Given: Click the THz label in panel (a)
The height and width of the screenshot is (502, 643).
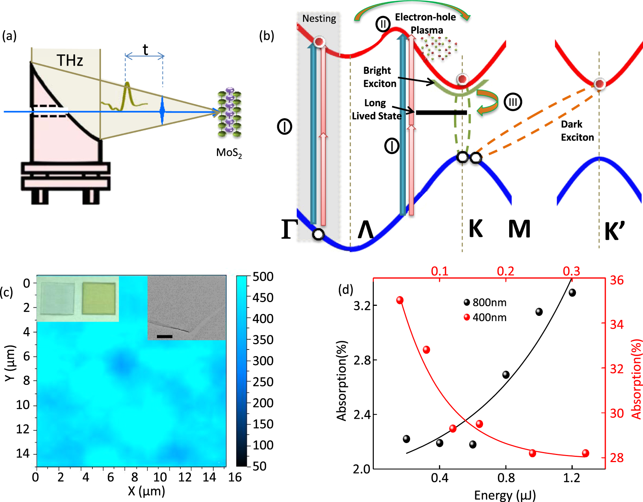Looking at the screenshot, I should tap(70, 60).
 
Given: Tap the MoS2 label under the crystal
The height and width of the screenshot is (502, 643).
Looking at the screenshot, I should tap(229, 153).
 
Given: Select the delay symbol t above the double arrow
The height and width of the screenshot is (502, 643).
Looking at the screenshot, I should tap(145, 50).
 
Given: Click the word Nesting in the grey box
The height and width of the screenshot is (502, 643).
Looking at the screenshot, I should tap(319, 18).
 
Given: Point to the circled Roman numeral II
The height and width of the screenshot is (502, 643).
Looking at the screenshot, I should tap(382, 24).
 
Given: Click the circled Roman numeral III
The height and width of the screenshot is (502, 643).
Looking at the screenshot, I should tap(513, 102).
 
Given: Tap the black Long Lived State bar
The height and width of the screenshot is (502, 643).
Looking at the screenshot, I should tap(441, 112).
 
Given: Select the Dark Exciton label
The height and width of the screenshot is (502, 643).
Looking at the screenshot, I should tap(577, 131).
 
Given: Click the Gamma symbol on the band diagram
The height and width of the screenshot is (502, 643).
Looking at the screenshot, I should tap(290, 229).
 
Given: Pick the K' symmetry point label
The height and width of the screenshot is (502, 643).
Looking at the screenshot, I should tap(614, 231).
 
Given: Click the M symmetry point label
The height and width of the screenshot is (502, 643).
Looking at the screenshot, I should tap(519, 229).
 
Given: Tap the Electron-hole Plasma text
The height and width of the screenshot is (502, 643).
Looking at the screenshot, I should tap(426, 23).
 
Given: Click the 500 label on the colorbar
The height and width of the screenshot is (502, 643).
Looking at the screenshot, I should tap(263, 277).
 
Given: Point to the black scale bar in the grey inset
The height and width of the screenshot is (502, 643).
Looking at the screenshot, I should tap(164, 336).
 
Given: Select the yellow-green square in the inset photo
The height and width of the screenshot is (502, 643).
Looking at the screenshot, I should tap(98, 298).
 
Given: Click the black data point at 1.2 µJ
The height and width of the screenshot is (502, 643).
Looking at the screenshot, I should tap(572, 293).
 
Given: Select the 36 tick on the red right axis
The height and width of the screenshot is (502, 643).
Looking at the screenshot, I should tap(617, 280).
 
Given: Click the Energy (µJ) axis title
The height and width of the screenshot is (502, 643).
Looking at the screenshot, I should tap(505, 495).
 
